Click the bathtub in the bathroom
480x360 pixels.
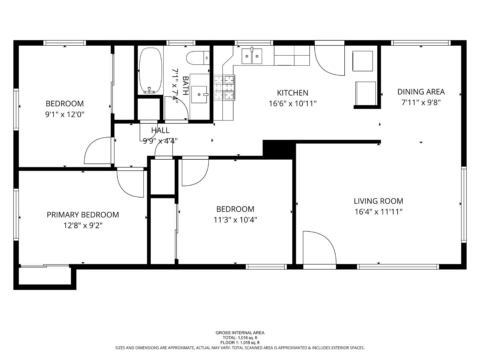(150, 70)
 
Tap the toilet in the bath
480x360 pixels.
(198, 58)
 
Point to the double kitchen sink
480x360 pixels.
(252, 55)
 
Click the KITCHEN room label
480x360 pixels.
(293, 93)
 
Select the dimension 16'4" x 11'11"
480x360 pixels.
(378, 212)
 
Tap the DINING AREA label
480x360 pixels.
(421, 92)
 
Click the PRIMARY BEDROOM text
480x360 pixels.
(83, 215)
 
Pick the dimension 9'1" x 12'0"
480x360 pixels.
(65, 114)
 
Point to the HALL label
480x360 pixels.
(160, 130)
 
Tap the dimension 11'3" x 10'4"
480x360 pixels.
(235, 220)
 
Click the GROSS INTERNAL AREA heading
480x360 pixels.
(240, 333)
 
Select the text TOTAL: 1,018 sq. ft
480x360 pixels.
(240, 338)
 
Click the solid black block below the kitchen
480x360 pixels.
(279, 148)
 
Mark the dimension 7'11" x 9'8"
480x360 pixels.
(421, 102)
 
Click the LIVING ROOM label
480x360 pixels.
(378, 201)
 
